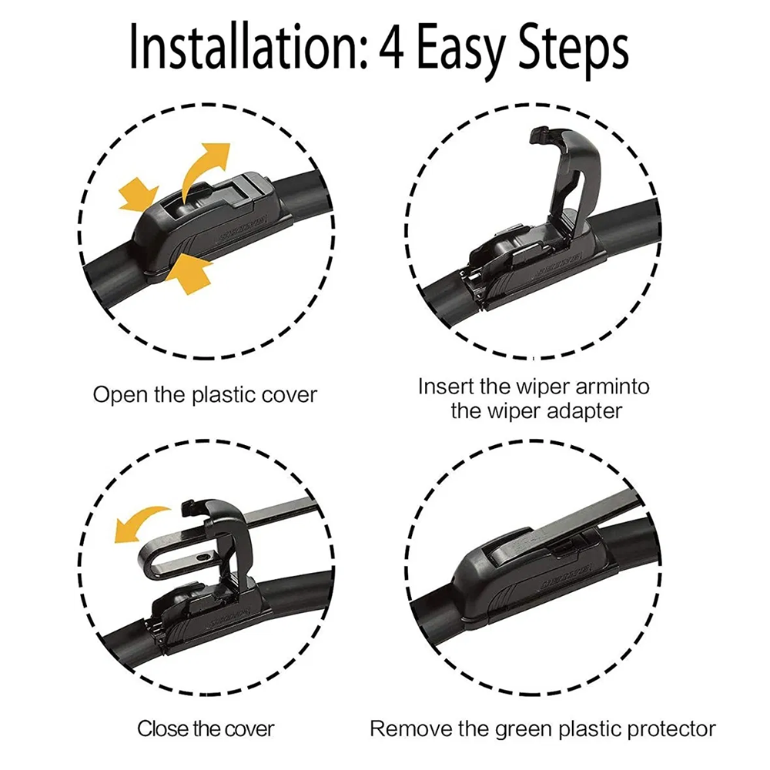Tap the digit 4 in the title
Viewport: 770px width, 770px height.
click(x=391, y=48)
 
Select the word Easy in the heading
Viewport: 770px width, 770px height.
click(x=461, y=52)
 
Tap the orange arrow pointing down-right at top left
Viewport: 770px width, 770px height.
click(x=139, y=195)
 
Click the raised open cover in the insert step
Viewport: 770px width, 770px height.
click(x=572, y=177)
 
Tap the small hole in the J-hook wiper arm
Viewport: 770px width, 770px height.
click(x=199, y=557)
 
